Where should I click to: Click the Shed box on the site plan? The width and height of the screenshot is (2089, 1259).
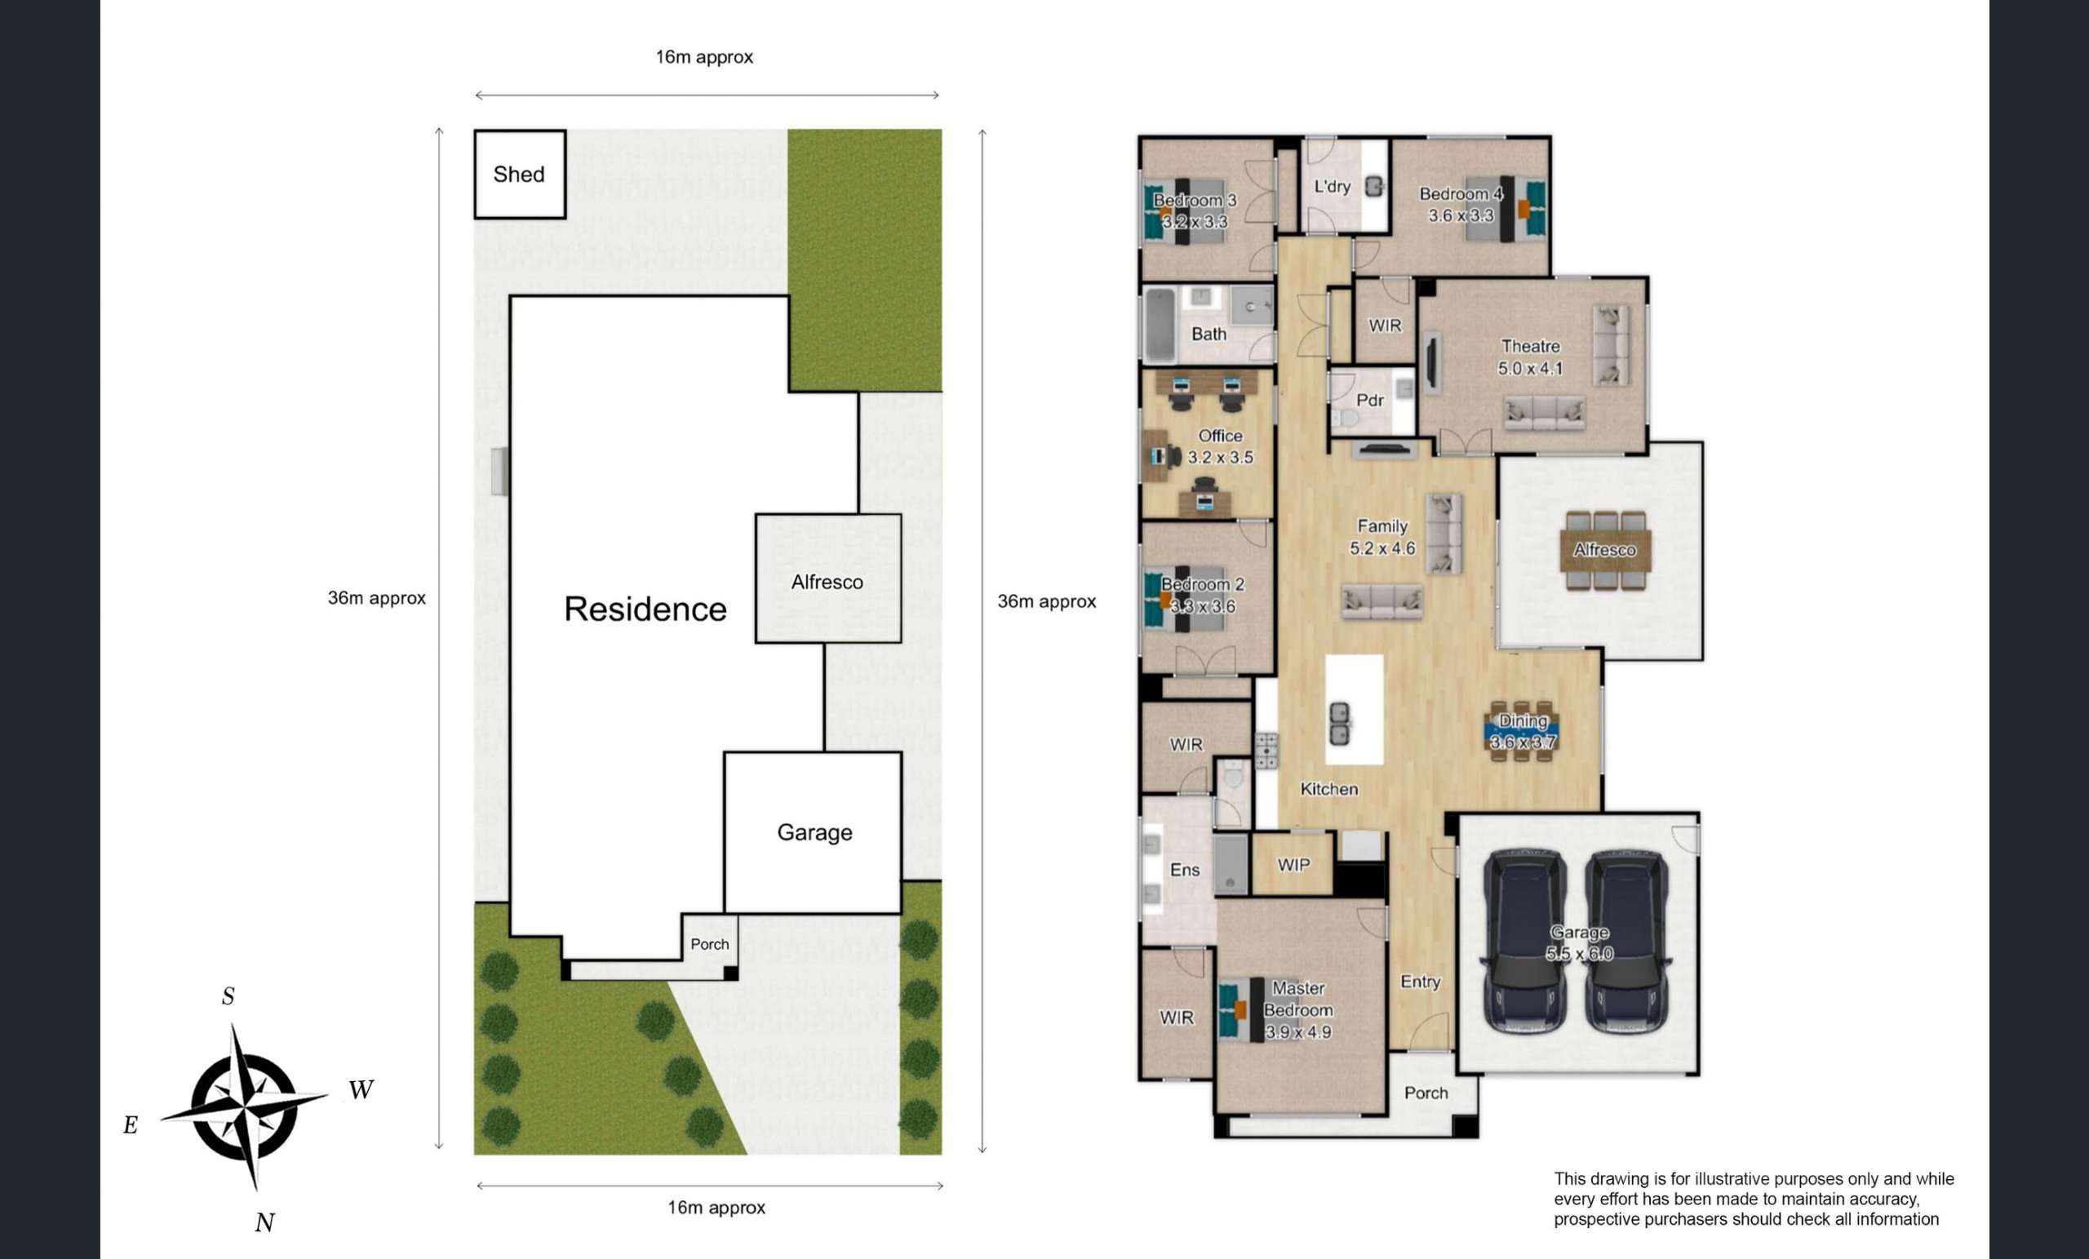click(520, 174)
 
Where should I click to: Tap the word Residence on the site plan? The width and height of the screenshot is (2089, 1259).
click(645, 609)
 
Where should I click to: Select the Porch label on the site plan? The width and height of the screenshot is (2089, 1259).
click(710, 943)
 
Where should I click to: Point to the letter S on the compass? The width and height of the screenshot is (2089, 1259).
click(228, 996)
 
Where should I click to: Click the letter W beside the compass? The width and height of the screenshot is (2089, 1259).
click(361, 1089)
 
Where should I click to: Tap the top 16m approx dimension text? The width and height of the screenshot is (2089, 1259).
click(703, 57)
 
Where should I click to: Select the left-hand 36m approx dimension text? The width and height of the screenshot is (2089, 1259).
click(376, 598)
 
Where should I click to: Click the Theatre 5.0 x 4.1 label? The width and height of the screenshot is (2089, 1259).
click(1530, 357)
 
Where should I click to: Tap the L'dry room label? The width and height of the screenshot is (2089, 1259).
click(1332, 186)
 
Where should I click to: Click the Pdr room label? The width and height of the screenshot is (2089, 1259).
click(1370, 400)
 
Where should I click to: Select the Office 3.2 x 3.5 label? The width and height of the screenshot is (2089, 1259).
click(1220, 446)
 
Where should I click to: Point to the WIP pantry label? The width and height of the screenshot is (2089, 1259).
click(1293, 865)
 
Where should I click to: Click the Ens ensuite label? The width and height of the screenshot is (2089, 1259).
click(1184, 870)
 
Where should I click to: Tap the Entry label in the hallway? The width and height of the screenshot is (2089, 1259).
click(1420, 982)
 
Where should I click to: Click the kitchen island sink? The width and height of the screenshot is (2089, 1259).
click(1340, 724)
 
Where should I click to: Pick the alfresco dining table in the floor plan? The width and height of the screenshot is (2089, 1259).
click(1605, 550)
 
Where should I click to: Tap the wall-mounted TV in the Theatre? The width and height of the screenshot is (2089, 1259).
click(1431, 365)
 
